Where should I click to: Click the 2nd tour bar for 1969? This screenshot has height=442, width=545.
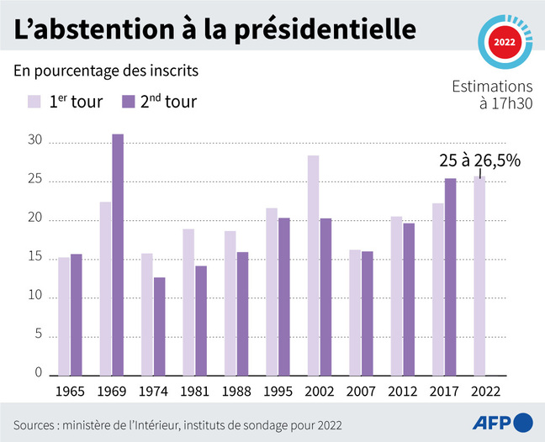pyautogui.click(x=118, y=255)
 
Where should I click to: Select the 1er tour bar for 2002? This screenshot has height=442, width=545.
pyautogui.click(x=313, y=265)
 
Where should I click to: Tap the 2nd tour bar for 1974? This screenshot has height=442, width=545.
pyautogui.click(x=160, y=326)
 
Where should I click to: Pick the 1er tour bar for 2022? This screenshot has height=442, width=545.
pyautogui.click(x=479, y=275)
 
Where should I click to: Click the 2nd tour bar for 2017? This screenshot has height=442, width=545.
pyautogui.click(x=450, y=276)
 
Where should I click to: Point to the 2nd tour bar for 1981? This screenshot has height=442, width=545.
pyautogui.click(x=201, y=320)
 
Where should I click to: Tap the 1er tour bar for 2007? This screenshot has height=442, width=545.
pyautogui.click(x=355, y=312)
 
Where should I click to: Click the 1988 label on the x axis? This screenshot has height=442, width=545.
pyautogui.click(x=236, y=391)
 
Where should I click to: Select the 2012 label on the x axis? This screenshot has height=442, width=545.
pyautogui.click(x=402, y=391)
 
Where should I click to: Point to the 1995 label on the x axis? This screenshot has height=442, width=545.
pyautogui.click(x=278, y=391)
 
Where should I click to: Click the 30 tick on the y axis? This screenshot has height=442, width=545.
pyautogui.click(x=33, y=142)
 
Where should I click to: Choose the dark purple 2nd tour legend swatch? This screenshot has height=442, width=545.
pyautogui.click(x=128, y=102)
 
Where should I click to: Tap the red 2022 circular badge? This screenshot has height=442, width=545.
pyautogui.click(x=505, y=40)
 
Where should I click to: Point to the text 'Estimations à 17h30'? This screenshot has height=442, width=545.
pyautogui.click(x=492, y=95)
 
